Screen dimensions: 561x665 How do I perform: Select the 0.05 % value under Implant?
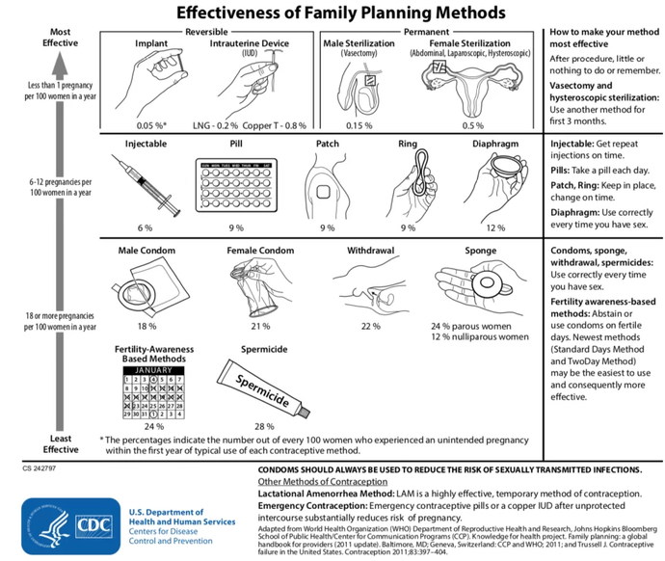[x=151, y=125]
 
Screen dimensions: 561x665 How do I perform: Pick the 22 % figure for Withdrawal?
[x=370, y=327]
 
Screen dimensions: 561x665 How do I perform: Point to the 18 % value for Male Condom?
[x=146, y=327]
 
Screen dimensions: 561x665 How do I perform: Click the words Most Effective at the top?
[x=60, y=38]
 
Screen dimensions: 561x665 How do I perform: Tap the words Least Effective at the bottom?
[x=60, y=442]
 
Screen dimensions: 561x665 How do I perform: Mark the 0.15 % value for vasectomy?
[x=359, y=125]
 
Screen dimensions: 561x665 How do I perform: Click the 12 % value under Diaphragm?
[x=494, y=227]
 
